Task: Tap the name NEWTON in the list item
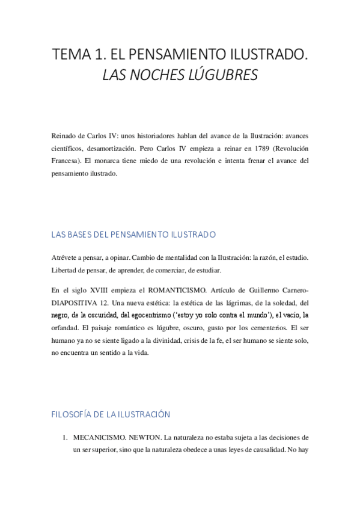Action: click(x=142, y=437)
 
